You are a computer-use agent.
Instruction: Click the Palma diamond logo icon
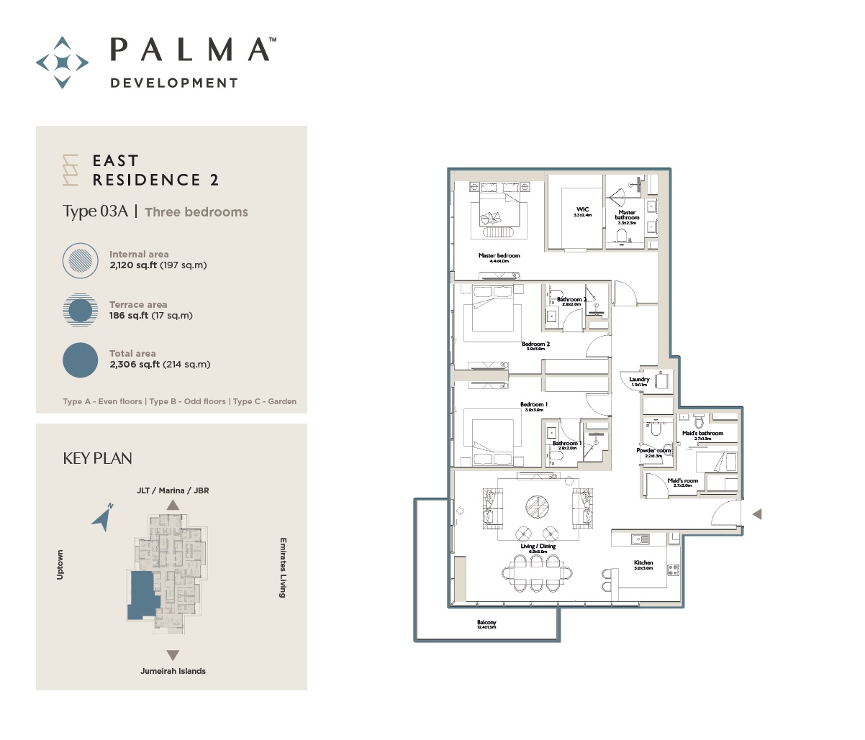point(63,63)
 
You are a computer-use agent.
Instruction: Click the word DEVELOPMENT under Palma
point(173,83)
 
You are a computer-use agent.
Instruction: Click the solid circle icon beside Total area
point(80,360)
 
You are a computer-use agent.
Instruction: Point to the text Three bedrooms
point(196,212)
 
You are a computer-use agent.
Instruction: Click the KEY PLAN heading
point(98,459)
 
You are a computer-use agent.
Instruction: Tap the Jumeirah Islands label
point(173,671)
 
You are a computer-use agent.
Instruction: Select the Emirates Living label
point(283,567)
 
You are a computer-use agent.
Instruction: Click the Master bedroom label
point(499,256)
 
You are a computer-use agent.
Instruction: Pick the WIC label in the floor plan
point(582,210)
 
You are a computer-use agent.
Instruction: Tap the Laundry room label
point(639,380)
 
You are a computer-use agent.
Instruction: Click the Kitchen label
point(643,563)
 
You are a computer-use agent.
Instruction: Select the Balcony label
point(486,623)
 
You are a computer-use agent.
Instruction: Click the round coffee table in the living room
point(537,506)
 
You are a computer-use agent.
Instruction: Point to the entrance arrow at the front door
point(756,514)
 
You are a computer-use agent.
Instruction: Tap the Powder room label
point(653,451)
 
